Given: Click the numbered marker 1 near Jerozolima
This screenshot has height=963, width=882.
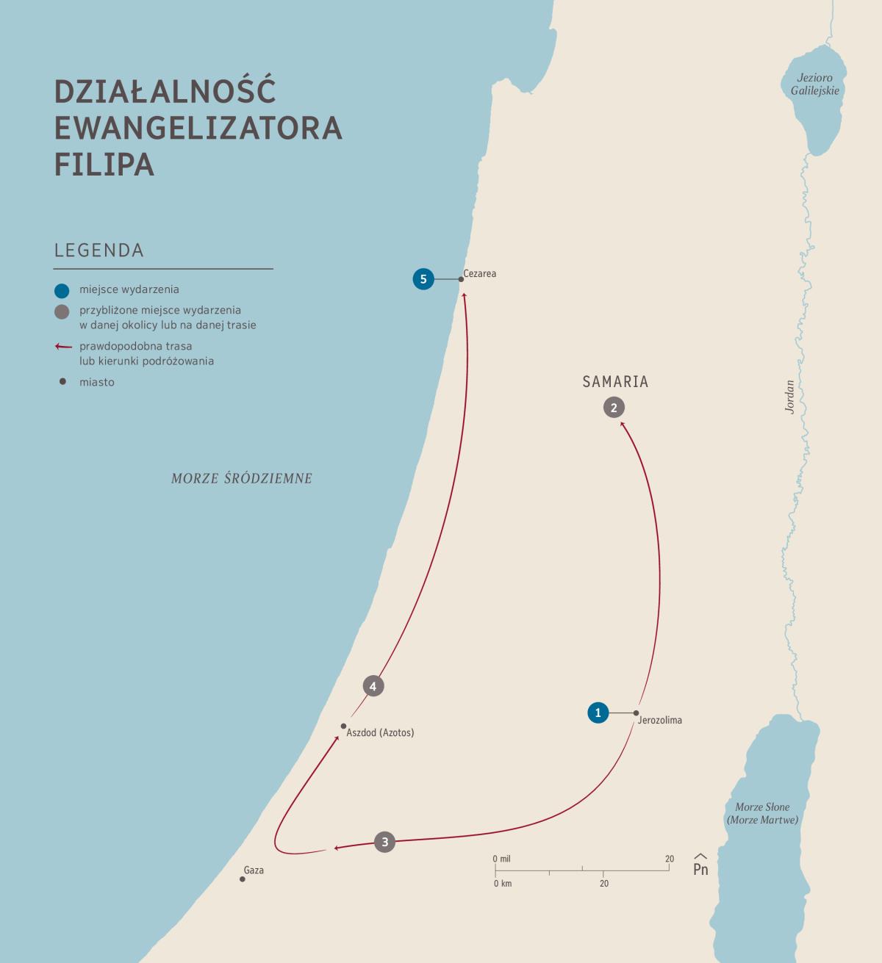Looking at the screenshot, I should (x=598, y=713).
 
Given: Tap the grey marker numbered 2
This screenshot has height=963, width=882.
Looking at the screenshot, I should (x=614, y=407).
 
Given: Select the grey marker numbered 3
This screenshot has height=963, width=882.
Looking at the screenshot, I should (x=384, y=842).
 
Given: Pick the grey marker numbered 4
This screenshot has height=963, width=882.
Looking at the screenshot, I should (x=373, y=686).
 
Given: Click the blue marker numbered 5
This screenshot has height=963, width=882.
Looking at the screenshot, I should (x=423, y=279).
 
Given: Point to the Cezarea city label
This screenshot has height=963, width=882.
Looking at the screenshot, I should (x=480, y=274).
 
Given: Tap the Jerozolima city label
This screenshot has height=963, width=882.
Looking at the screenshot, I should (x=660, y=721).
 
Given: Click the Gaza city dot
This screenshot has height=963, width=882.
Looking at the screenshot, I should (x=243, y=879).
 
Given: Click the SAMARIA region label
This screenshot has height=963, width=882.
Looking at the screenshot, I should (x=615, y=382).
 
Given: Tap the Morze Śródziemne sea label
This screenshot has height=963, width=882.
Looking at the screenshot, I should (x=242, y=479).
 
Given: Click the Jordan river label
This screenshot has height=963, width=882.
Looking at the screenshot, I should (x=790, y=397).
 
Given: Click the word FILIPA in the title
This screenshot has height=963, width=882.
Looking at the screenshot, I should (x=104, y=165).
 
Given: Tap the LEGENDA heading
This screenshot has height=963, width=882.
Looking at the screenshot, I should (x=99, y=250).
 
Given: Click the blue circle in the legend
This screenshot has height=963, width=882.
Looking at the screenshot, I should (x=62, y=290).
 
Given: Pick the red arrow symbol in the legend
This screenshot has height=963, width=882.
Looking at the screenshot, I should (x=64, y=347).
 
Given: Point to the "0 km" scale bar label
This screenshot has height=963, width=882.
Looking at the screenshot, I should (x=503, y=884).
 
